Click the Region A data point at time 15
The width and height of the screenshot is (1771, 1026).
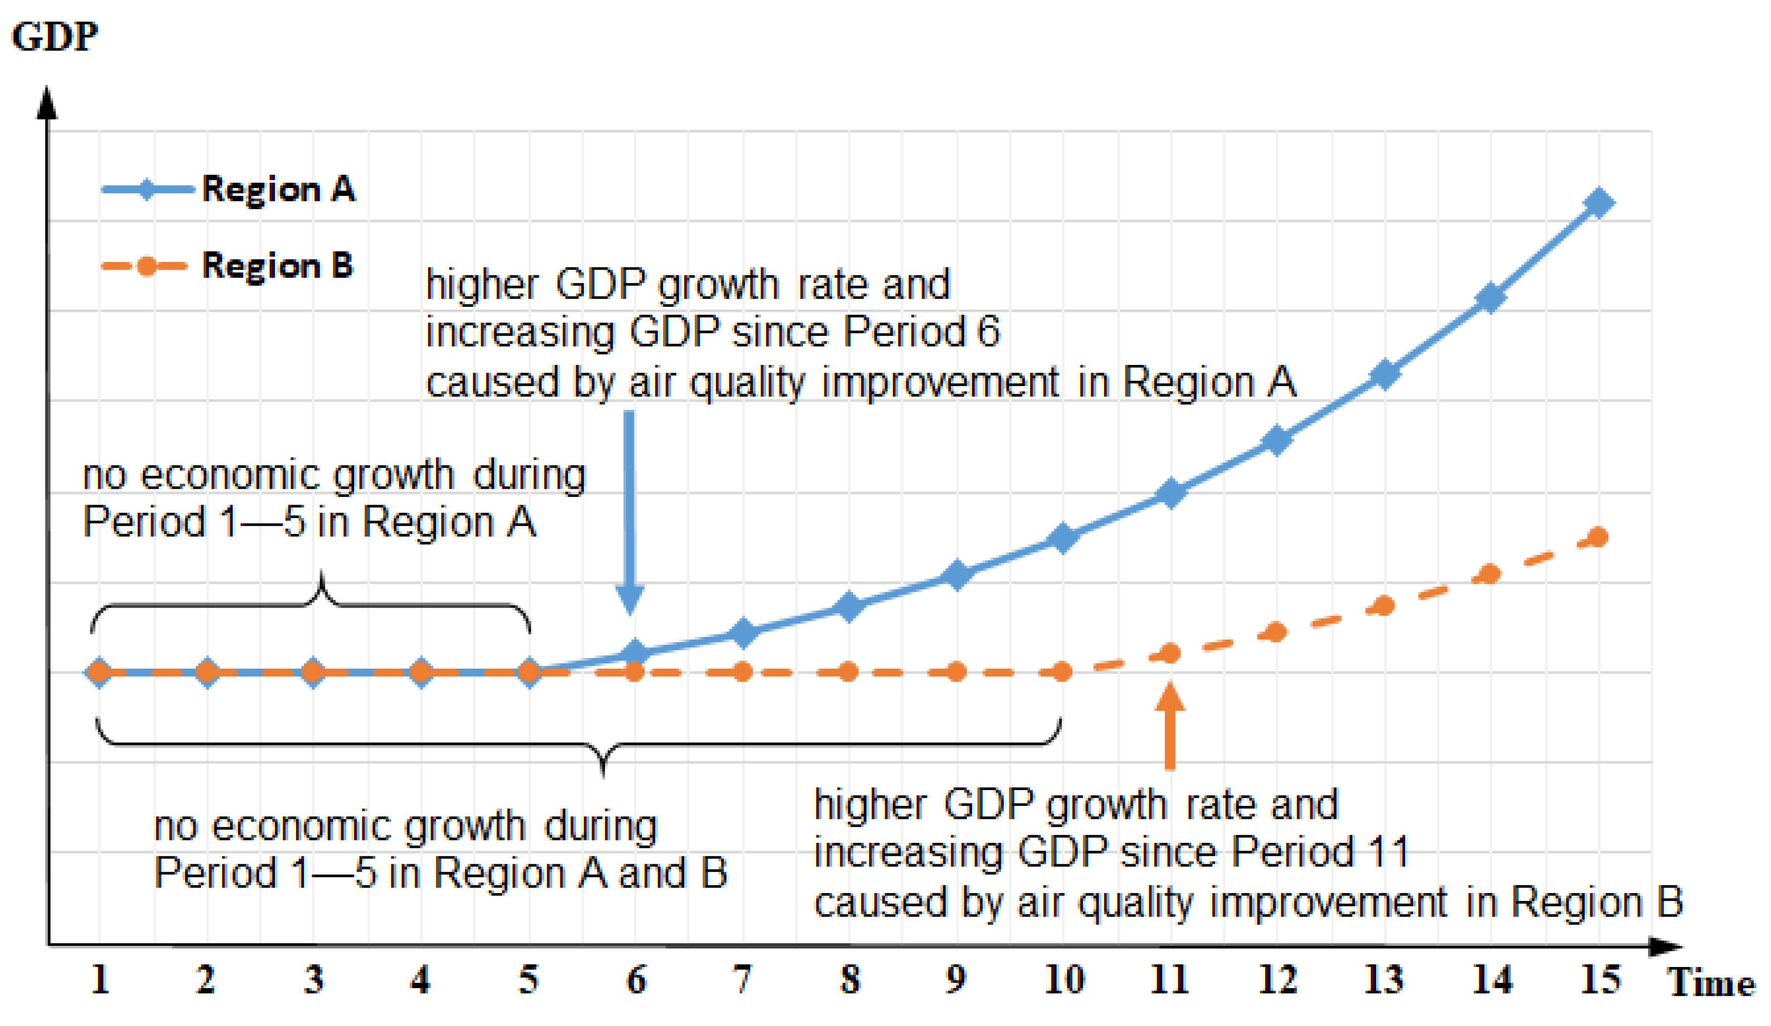click(x=1599, y=203)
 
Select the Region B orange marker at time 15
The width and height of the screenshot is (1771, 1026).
click(x=1599, y=538)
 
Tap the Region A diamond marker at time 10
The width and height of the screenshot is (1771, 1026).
click(x=1063, y=538)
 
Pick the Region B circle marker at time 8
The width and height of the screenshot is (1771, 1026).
click(x=849, y=672)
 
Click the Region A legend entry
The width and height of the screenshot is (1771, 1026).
click(x=228, y=189)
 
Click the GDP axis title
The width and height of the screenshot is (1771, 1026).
click(x=55, y=36)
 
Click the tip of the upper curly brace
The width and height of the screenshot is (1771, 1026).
click(x=322, y=576)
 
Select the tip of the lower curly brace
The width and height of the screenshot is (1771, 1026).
click(x=604, y=773)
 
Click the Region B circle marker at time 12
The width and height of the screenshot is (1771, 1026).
click(x=1276, y=633)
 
